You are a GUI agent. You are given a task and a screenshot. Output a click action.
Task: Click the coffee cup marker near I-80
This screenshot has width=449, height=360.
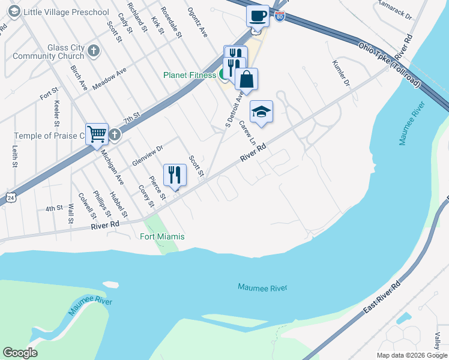pyautogui.click(x=258, y=16)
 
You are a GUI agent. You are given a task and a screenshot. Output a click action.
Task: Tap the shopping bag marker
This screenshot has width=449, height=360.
pyautogui.click(x=246, y=79)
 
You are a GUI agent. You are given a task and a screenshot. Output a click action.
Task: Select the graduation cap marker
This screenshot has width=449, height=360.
pyautogui.click(x=261, y=112)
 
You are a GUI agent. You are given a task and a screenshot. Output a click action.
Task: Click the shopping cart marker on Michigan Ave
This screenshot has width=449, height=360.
pyautogui.click(x=97, y=134)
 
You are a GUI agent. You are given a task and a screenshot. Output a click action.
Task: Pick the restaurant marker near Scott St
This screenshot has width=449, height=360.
pyautogui.click(x=175, y=175)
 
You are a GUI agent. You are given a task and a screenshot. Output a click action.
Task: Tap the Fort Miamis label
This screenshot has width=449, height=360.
pyautogui.click(x=162, y=237)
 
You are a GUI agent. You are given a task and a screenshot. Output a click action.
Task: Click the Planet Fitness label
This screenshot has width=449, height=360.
pyautogui.click(x=190, y=75)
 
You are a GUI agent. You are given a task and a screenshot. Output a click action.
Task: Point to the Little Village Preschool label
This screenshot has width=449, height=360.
pyautogui.click(x=65, y=12)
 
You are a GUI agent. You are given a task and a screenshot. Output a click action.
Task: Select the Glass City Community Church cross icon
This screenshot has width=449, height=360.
pyautogui.click(x=93, y=51)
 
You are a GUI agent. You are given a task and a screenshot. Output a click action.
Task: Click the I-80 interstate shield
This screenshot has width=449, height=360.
pyautogui.click(x=280, y=17)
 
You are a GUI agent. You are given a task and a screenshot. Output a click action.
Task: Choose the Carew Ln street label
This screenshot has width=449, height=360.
pyautogui.click(x=249, y=133)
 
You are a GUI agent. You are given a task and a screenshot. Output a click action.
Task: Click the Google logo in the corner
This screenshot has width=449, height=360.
pyautogui.click(x=20, y=353)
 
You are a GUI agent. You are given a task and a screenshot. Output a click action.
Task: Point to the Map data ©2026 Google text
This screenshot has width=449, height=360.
pyautogui.click(x=411, y=355)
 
